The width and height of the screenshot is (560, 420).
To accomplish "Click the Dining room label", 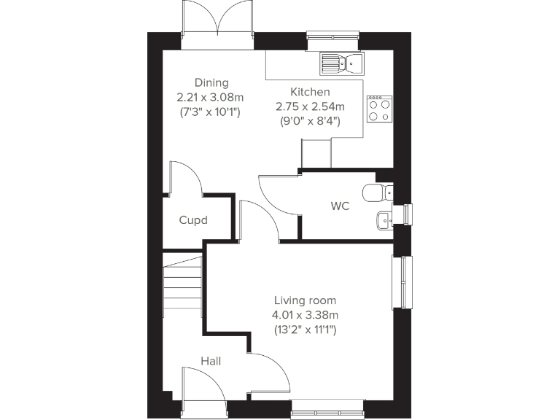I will pyautogui.click(x=211, y=82).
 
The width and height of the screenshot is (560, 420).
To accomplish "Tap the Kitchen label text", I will pyautogui.click(x=311, y=92).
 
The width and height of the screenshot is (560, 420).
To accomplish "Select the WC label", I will pyautogui.click(x=341, y=206).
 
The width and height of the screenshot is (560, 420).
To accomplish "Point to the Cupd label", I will pyautogui.click(x=193, y=219).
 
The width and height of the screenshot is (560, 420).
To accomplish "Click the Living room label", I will pyautogui.click(x=306, y=300).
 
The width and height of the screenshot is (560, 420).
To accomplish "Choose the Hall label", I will pyautogui.click(x=211, y=361).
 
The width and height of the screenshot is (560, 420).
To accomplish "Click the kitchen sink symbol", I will pyautogui.click(x=341, y=63).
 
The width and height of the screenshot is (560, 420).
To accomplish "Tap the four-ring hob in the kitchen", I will pyautogui.click(x=379, y=109).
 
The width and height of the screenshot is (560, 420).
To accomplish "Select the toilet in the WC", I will pyautogui.click(x=378, y=192).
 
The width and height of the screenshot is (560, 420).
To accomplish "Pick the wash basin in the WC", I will pyautogui.click(x=383, y=218).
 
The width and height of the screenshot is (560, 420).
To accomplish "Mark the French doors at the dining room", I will pyautogui.click(x=217, y=22).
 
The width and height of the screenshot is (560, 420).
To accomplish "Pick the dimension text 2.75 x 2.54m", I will pyautogui.click(x=311, y=106).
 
